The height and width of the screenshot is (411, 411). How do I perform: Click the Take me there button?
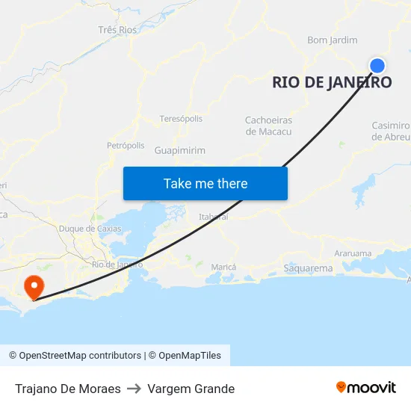pos(205,183)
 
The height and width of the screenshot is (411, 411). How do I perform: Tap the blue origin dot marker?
pos(377,65)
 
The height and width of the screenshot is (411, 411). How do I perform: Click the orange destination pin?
pos(34,287)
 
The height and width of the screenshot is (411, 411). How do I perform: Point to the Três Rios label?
pos(118,30)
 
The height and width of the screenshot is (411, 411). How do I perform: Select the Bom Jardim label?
pos(333,40)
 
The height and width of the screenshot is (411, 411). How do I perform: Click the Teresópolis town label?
pos(181,119)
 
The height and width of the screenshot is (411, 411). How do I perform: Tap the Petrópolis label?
pos(126,145)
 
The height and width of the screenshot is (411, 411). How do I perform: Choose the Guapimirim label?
pos(179,150)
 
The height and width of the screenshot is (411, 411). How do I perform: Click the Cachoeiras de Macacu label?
pos(268,126)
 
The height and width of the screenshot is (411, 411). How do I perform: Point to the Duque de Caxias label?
pos(90,229)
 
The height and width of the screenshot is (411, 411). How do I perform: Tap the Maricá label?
pos(223,267)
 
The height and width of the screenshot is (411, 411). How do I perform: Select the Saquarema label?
pos(308,268)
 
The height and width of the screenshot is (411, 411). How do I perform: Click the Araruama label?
pos(353,253)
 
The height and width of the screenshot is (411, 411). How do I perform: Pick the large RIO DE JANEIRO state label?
pos(332,82)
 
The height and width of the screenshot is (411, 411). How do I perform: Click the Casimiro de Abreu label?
pos(392,131)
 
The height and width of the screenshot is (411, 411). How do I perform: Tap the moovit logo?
pos(366,387)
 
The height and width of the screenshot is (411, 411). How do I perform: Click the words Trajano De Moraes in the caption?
pos(68,389)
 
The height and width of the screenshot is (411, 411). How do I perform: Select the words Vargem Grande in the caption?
pos(191,389)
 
